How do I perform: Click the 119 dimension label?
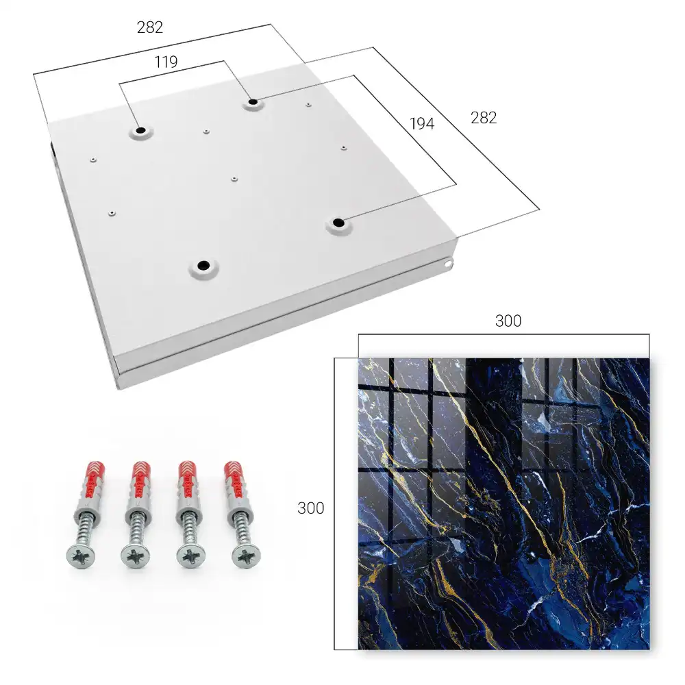(166, 62)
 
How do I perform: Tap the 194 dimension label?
(422, 124)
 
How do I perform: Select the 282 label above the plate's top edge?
(150, 27)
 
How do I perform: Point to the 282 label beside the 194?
(484, 118)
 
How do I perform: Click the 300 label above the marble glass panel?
(508, 321)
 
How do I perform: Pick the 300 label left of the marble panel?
(310, 508)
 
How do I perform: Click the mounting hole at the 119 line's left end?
(140, 131)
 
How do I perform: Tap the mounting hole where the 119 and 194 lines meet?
(253, 103)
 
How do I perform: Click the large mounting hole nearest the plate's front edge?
(203, 265)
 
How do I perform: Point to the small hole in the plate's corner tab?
(447, 264)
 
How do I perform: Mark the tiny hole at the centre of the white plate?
(234, 179)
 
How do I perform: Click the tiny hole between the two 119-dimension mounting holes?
(206, 131)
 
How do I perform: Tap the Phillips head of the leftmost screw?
(82, 556)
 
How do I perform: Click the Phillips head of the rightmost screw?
(247, 556)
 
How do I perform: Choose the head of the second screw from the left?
(136, 556)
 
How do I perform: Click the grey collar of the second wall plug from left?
(137, 508)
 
